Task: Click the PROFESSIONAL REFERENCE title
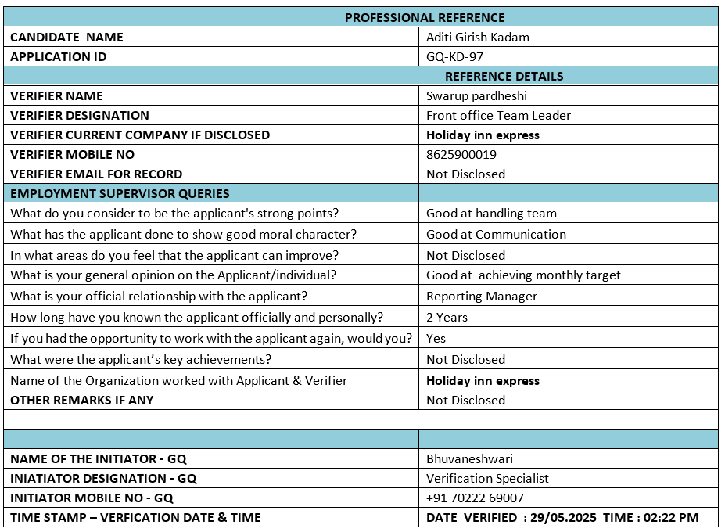pos(425,17)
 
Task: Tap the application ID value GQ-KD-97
pos(454,56)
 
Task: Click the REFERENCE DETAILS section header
pos(504,76)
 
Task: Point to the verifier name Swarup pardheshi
pos(476,95)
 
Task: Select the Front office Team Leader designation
pos(498,115)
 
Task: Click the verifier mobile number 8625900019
pos(461,154)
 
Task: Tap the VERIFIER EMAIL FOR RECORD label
pos(96,174)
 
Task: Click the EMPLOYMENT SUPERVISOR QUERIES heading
pos(120,193)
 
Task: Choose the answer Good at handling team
pos(491,213)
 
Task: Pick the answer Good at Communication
pos(496,234)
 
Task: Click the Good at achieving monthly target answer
pos(523,275)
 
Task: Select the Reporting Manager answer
pos(482,296)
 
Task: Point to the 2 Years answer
pos(447,317)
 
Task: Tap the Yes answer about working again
pos(436,338)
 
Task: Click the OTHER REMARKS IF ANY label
pos(82,400)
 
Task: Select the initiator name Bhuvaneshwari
pos(469,458)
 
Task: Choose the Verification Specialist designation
pos(487,478)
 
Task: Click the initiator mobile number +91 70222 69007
pos(475,498)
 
